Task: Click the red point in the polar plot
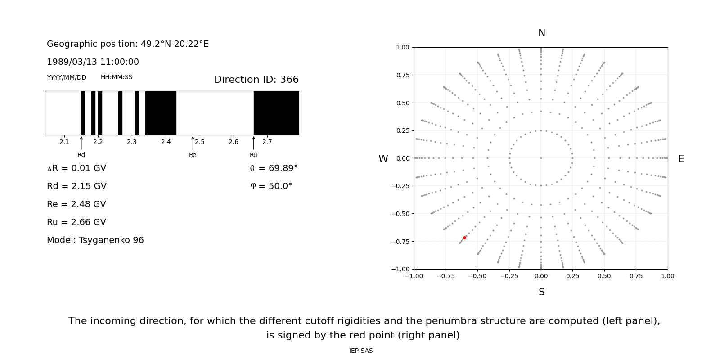(x=464, y=238)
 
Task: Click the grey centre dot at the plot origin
(x=541, y=158)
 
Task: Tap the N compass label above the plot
(x=542, y=33)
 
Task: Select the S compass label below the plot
(x=542, y=292)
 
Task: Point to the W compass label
(x=383, y=159)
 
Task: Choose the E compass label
(x=681, y=159)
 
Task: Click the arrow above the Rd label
(x=81, y=143)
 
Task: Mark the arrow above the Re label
(x=193, y=143)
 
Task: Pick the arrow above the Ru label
(x=254, y=143)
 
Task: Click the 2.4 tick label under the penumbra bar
(x=166, y=142)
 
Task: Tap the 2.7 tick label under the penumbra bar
(x=267, y=142)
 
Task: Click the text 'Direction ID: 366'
(x=256, y=80)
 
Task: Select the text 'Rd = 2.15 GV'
(x=76, y=186)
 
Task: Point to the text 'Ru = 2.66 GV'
(x=76, y=222)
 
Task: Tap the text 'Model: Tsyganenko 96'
(x=95, y=240)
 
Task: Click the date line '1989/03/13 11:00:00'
(x=93, y=62)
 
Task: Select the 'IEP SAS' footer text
(x=361, y=351)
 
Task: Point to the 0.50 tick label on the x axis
(x=604, y=276)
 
